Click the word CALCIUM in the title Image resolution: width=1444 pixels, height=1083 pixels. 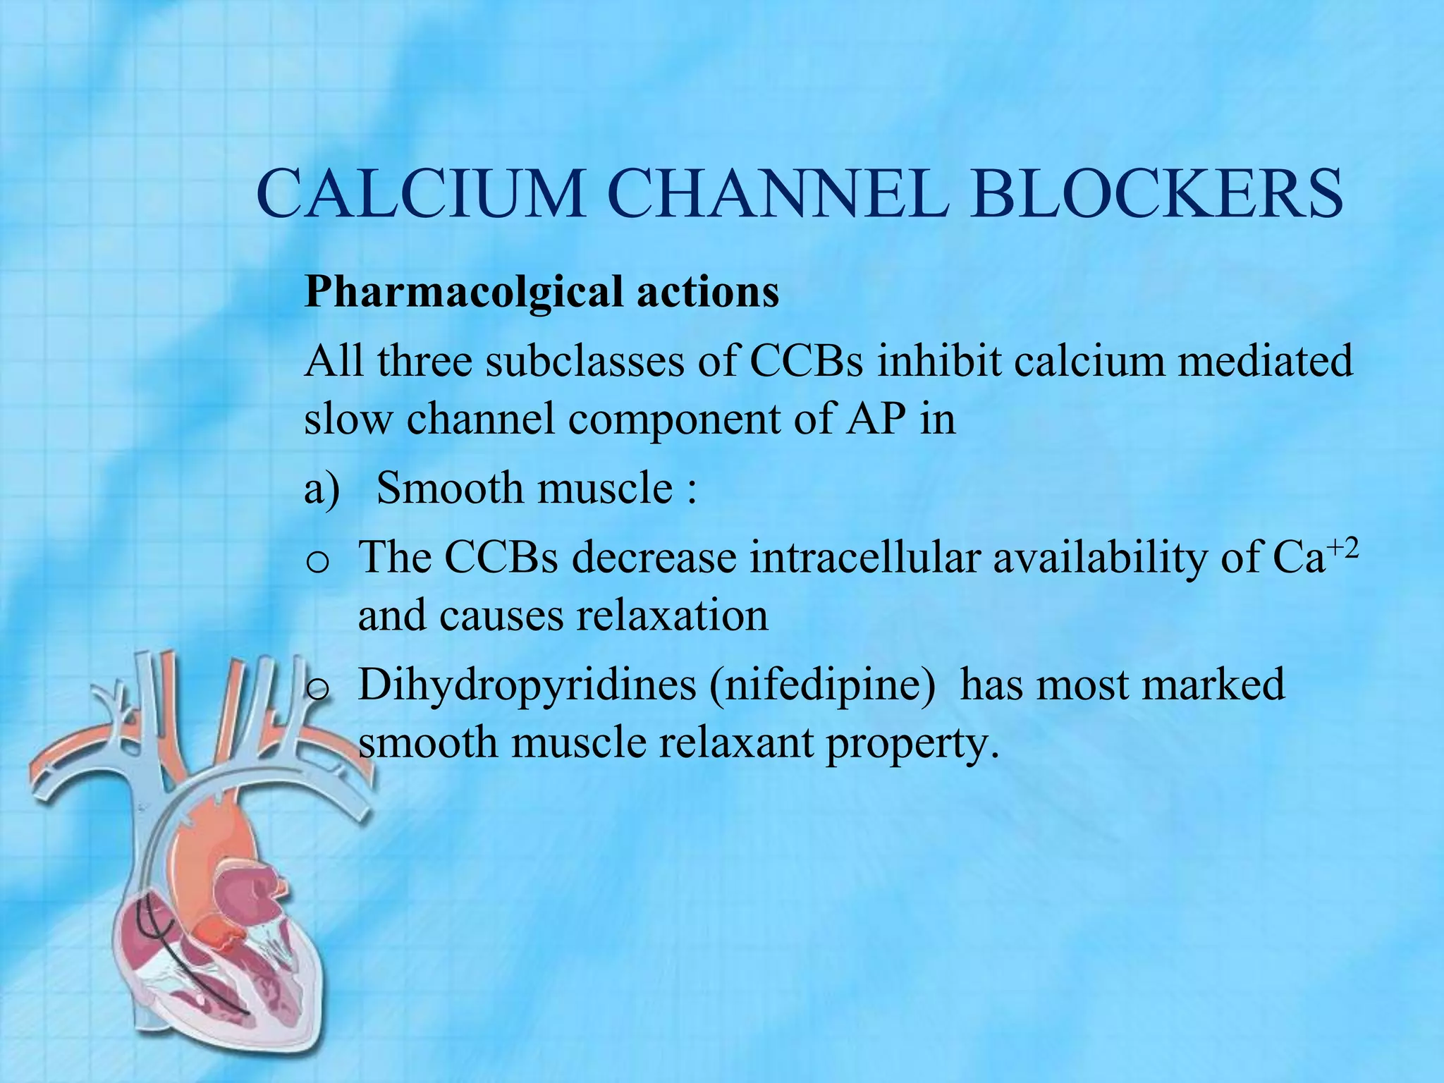[421, 193]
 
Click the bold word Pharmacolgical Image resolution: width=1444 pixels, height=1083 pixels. [463, 292]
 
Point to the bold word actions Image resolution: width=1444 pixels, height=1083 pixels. [708, 292]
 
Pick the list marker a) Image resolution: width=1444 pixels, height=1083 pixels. [322, 489]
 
